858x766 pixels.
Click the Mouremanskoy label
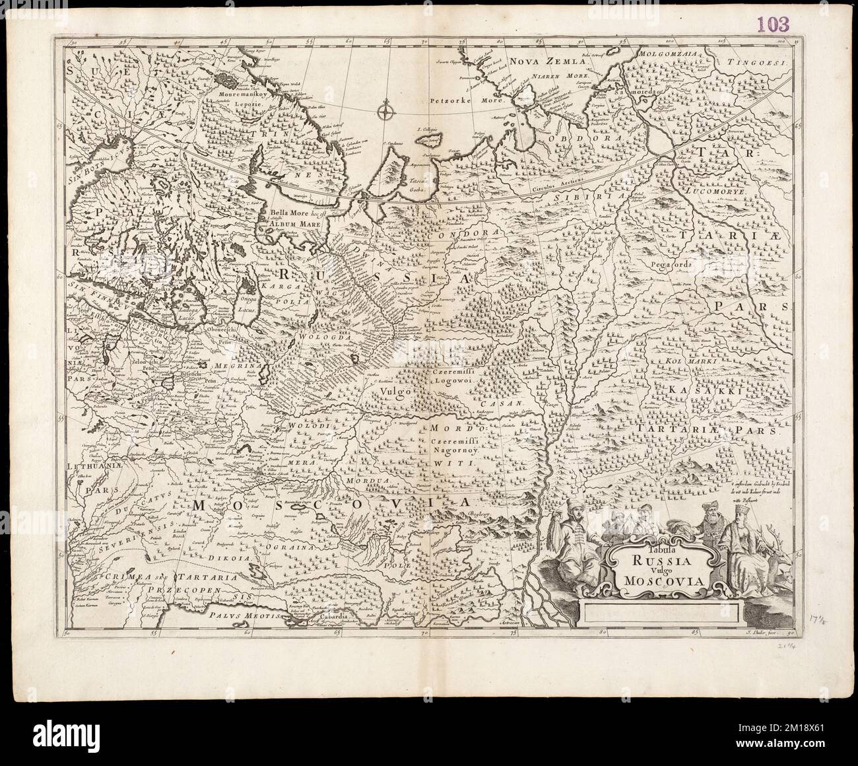(234, 95)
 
